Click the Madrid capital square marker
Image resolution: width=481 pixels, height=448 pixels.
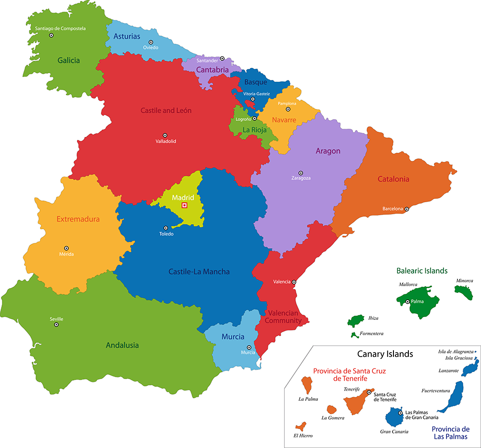[184, 205]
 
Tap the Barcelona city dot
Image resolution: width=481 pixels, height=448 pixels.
[406, 209]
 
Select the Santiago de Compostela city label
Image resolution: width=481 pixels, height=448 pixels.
[60, 28]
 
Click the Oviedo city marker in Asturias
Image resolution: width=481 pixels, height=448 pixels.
[151, 42]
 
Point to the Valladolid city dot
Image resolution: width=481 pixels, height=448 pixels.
[165, 135]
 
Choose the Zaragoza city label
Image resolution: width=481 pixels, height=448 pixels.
[301, 178]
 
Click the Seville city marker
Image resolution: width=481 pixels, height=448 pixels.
[56, 325]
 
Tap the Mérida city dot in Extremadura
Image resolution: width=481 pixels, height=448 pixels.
[66, 248]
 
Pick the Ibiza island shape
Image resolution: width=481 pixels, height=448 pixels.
[356, 320]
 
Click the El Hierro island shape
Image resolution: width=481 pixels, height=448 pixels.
[301, 426]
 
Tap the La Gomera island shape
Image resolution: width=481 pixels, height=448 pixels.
[331, 409]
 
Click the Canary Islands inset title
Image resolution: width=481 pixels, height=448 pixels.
[385, 354]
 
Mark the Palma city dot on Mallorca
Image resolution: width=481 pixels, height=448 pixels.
[408, 302]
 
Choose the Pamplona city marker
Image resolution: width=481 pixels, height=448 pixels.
[289, 109]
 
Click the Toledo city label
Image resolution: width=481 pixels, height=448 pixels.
[166, 234]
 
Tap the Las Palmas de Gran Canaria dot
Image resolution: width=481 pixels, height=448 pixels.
[400, 413]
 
